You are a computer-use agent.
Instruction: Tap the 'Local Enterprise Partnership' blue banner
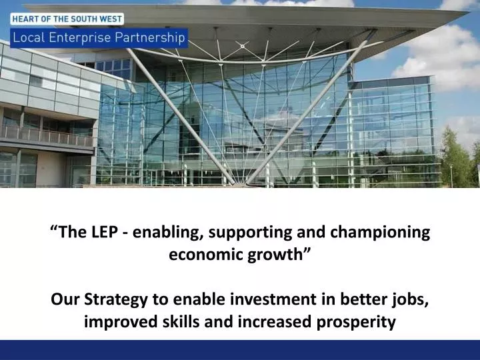(98, 37)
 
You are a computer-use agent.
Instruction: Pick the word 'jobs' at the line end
(413, 299)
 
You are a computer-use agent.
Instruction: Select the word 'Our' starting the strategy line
(64, 299)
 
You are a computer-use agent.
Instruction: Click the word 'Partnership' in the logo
(150, 37)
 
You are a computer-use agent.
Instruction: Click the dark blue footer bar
(240, 350)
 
